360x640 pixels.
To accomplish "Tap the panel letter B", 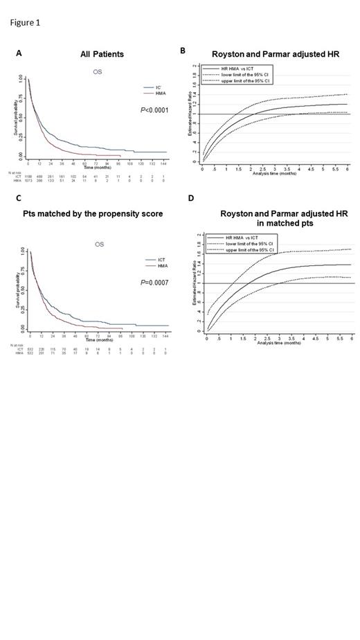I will tap(182, 51).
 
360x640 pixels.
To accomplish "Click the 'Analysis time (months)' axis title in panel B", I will tap(276, 174).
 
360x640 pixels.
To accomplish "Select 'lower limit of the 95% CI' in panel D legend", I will tap(246, 245).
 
